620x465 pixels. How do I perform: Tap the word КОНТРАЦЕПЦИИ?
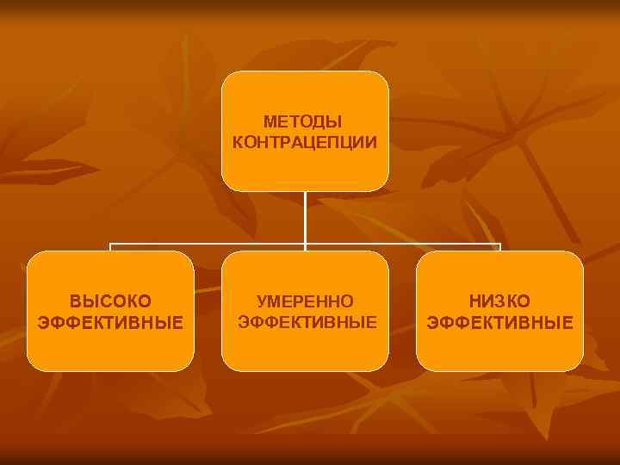coord(304,141)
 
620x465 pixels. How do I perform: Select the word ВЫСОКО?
coord(110,301)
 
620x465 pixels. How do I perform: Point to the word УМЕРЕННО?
coord(306,301)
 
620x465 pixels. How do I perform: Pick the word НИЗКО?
coord(499,301)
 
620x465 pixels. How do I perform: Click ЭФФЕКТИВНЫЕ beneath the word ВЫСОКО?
coord(110,323)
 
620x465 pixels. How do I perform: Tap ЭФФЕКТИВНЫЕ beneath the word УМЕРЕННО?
coord(307,322)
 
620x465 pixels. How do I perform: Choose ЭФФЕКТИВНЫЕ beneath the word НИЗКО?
coord(500,323)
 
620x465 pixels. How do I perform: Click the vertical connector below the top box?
coord(305,220)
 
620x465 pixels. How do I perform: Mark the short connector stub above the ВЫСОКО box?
coord(110,247)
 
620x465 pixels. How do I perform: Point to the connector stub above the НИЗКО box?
coord(499,247)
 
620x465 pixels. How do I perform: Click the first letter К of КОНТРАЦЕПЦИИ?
coord(238,141)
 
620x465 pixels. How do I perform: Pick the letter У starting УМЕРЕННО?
coord(262,301)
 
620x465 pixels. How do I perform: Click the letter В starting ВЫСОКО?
coord(75,301)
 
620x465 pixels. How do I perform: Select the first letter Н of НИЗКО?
coord(474,301)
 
